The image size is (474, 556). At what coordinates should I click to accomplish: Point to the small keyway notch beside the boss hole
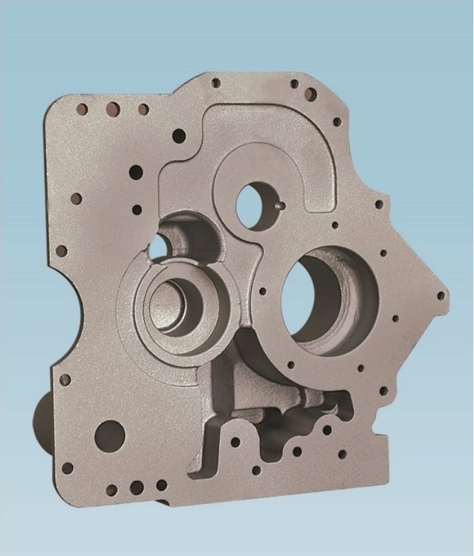280,205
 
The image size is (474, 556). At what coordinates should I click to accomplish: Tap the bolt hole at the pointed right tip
438,293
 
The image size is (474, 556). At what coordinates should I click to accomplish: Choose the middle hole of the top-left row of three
112,108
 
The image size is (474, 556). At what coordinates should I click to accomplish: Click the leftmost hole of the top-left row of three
83,109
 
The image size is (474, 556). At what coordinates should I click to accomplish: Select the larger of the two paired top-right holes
310,95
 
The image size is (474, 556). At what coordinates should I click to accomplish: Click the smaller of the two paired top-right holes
294,84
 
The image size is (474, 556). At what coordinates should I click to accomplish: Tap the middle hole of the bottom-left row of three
136,488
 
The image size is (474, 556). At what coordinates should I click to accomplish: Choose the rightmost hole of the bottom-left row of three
162,485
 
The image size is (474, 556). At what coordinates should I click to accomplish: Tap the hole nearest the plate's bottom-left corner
67,467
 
